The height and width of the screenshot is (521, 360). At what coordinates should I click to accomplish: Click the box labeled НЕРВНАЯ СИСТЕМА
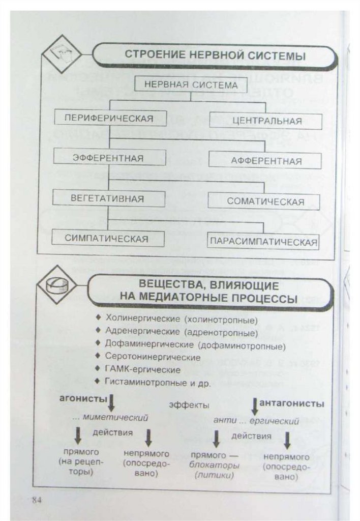(191, 85)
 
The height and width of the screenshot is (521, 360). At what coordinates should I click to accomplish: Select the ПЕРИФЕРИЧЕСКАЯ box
(109, 119)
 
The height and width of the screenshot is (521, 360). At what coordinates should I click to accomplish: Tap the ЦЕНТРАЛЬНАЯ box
(266, 121)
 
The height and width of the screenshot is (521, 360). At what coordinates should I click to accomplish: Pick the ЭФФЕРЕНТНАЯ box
(108, 158)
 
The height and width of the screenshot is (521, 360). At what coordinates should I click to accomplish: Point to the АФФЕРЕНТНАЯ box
(266, 161)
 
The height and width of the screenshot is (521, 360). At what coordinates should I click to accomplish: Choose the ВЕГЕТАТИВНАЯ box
(108, 198)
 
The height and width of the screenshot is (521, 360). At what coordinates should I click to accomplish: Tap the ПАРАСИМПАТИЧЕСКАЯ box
(264, 241)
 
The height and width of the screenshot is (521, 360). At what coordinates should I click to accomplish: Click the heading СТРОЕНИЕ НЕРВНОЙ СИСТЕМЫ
(215, 56)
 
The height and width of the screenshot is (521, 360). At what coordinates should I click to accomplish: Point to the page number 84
(36, 499)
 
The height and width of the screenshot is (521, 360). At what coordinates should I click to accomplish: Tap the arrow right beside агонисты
(111, 403)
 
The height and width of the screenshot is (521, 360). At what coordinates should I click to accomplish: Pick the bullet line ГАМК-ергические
(142, 369)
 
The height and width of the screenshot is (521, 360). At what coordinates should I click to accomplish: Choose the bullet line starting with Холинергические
(182, 320)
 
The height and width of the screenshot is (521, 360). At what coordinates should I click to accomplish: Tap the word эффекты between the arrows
(189, 406)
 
